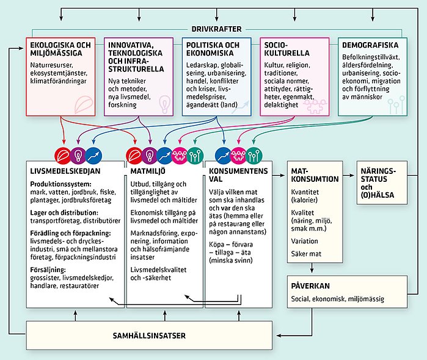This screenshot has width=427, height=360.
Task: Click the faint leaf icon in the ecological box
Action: tap(81, 105)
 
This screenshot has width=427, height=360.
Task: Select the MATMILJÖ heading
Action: tap(145, 171)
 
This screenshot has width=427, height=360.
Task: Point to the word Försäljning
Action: tap(46, 269)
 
